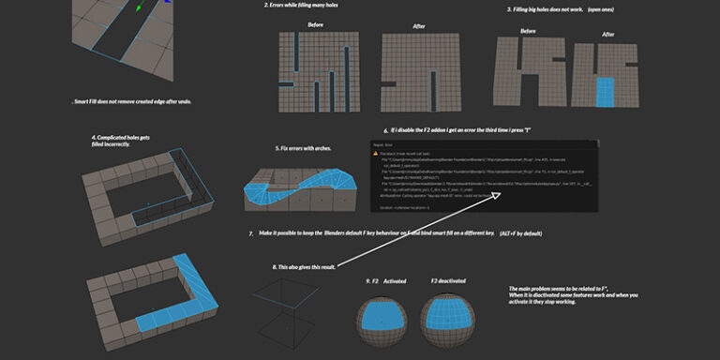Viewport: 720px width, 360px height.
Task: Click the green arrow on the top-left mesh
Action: tap(139, 8)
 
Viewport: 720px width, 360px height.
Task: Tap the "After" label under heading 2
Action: tap(417, 25)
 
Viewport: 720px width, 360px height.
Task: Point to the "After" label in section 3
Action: tap(607, 34)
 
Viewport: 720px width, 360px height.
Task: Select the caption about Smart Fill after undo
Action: tap(132, 100)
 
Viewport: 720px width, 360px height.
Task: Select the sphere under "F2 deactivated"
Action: tap(446, 320)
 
